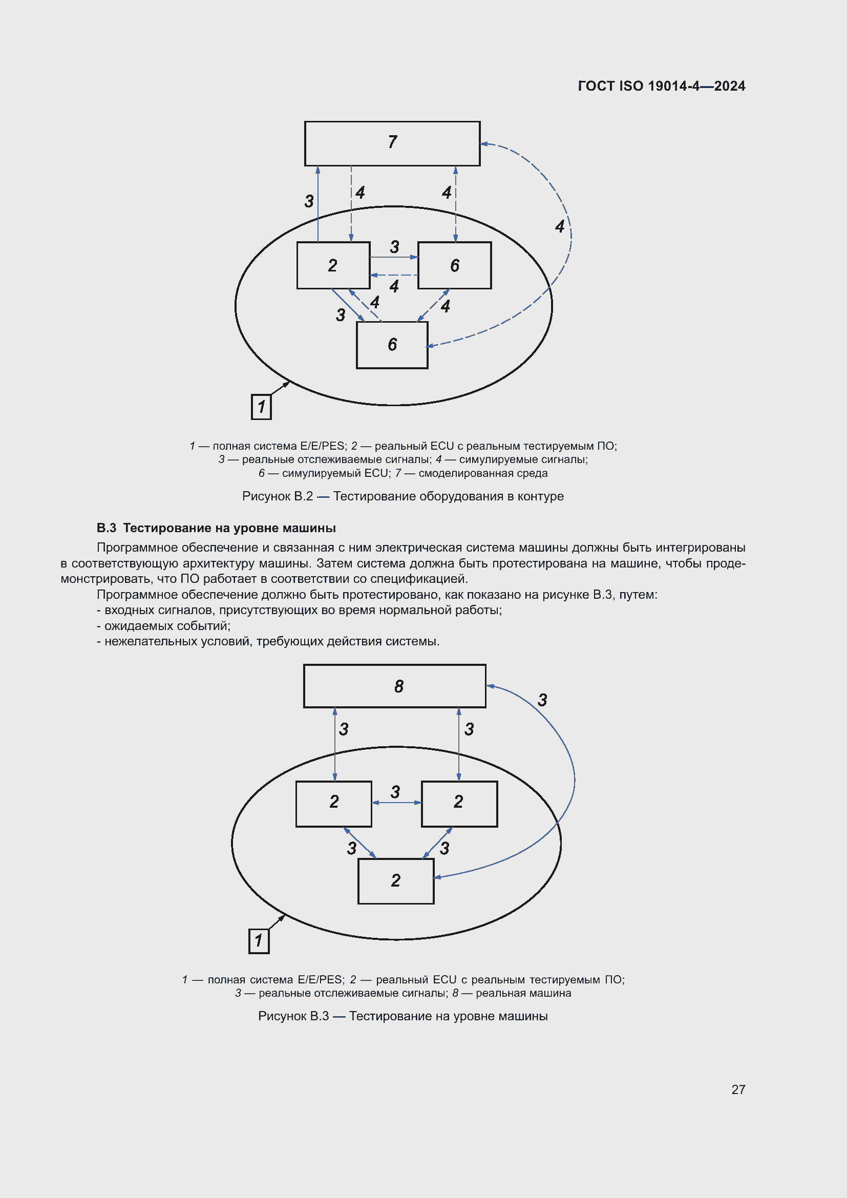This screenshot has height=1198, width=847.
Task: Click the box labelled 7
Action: (x=392, y=143)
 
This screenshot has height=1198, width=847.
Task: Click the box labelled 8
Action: (x=394, y=686)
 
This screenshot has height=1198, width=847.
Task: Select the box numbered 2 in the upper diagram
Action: (x=333, y=265)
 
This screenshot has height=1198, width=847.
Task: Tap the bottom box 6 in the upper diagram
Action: (x=392, y=345)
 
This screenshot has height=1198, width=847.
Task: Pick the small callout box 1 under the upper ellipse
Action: (x=261, y=407)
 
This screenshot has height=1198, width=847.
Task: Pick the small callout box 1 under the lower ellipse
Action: (x=259, y=941)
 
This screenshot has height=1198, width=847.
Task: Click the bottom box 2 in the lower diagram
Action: (x=396, y=881)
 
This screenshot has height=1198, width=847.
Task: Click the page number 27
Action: (x=738, y=1089)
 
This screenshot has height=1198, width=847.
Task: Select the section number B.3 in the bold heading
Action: (x=107, y=528)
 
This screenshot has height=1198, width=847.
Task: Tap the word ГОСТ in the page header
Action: (x=596, y=86)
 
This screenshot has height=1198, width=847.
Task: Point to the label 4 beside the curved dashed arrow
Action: (x=560, y=226)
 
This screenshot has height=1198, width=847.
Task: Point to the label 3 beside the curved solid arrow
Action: (x=542, y=700)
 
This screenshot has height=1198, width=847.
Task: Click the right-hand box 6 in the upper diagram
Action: (x=454, y=265)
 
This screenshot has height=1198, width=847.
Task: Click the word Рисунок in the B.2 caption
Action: (x=266, y=496)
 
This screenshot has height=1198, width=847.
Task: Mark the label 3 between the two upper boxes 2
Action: (x=395, y=792)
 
